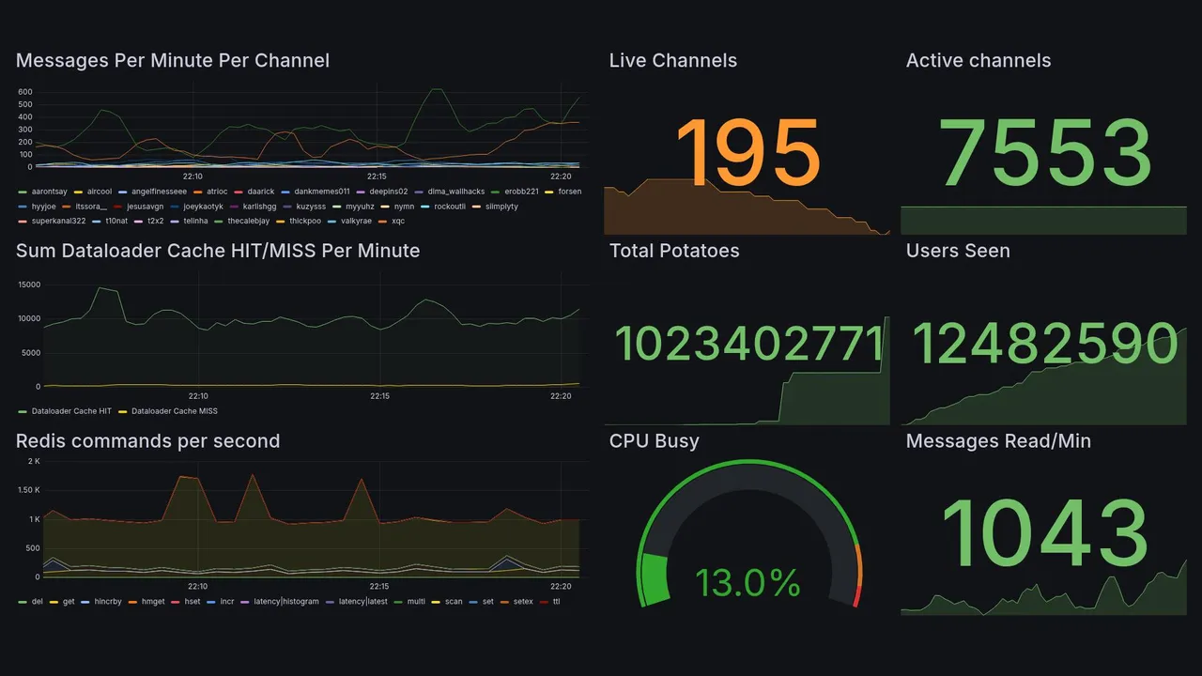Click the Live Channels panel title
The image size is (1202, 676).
point(672,61)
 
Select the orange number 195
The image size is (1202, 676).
point(747,153)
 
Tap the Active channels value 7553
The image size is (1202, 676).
point(1046,153)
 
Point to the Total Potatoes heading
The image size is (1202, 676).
point(673,251)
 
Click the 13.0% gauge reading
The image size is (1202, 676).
point(747,582)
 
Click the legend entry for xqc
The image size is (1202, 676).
point(397,222)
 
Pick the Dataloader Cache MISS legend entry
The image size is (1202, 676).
point(175,411)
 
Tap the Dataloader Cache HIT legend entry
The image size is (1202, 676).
point(70,411)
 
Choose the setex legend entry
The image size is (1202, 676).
point(521,602)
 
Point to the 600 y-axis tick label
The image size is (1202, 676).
point(25,92)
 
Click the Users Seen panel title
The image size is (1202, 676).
point(957,251)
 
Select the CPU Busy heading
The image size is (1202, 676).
point(654,441)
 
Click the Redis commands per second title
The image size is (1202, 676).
point(147,441)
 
